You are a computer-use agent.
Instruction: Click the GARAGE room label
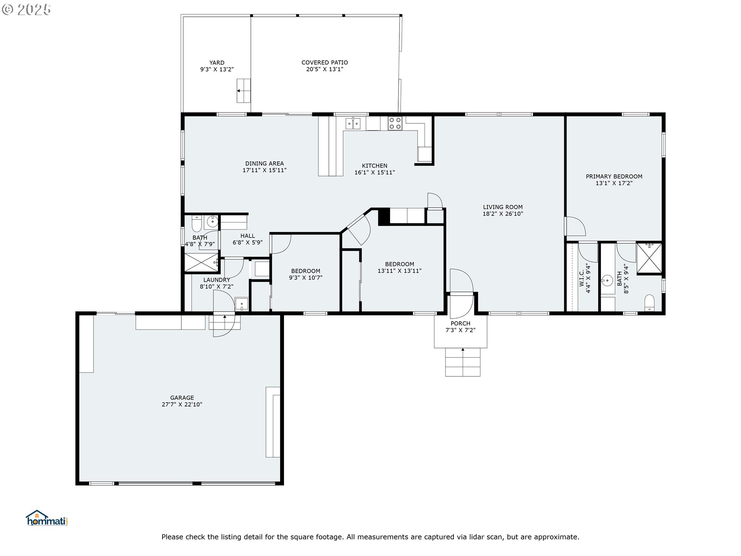(x=182, y=398)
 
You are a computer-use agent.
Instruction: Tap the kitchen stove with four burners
(x=395, y=123)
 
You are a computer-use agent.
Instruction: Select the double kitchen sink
(x=353, y=123)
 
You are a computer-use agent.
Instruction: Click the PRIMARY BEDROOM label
(x=614, y=176)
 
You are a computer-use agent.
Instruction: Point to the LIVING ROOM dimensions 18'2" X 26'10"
(x=503, y=214)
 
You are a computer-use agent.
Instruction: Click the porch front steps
(x=463, y=362)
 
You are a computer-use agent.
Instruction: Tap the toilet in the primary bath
(x=650, y=303)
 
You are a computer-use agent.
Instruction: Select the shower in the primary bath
(x=649, y=258)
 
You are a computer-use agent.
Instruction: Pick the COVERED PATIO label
(x=325, y=63)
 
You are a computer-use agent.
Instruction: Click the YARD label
(x=217, y=63)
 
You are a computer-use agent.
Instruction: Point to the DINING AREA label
(x=264, y=163)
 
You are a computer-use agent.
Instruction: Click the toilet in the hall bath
(x=197, y=223)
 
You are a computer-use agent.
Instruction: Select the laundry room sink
(x=242, y=304)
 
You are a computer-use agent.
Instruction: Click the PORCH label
(x=460, y=324)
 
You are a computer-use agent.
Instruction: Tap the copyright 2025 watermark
(x=26, y=10)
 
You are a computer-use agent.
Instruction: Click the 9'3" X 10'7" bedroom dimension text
(x=306, y=278)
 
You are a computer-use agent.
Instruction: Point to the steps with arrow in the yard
(x=244, y=91)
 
